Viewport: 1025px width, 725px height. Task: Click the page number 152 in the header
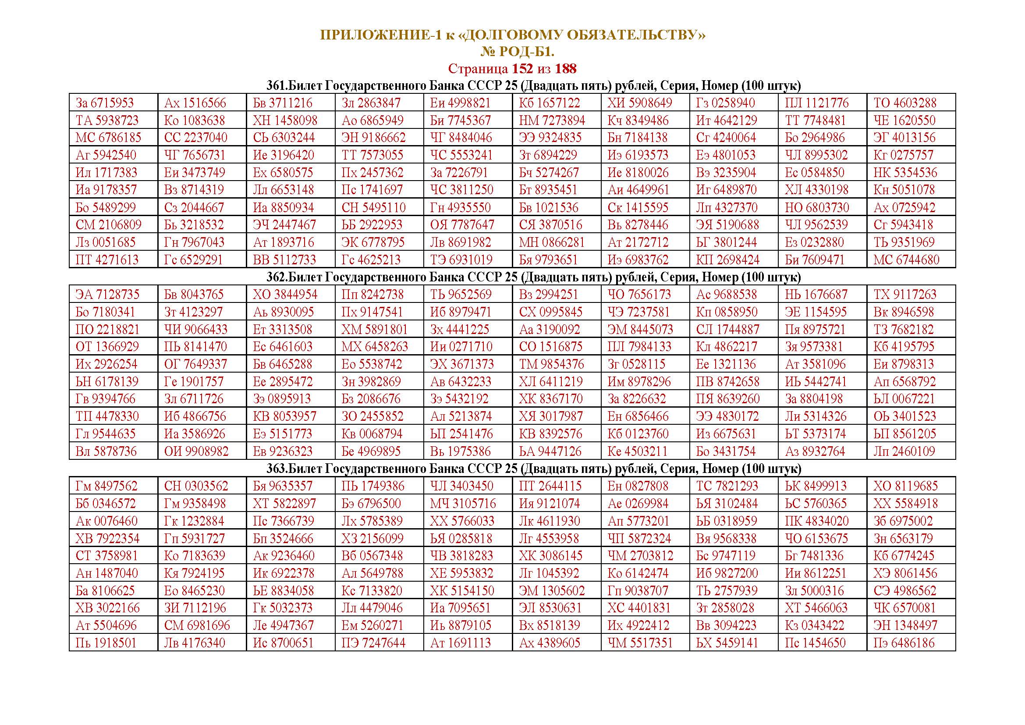[x=522, y=69]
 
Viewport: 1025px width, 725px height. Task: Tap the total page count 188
[x=566, y=69]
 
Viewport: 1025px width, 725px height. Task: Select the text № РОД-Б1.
[x=517, y=52]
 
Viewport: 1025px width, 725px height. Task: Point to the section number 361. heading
[x=277, y=86]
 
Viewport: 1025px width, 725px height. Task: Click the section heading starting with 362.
[x=533, y=277]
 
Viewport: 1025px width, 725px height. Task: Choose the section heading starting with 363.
[x=533, y=469]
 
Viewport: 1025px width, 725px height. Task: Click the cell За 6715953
[x=105, y=103]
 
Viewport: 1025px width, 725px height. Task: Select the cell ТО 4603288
[x=905, y=103]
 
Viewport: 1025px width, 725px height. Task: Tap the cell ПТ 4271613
[x=107, y=260]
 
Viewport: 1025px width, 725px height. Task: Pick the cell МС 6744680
[x=906, y=260]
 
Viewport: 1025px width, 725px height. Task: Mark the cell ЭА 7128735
[x=107, y=295]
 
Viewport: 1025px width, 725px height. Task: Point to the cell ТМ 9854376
[x=551, y=364]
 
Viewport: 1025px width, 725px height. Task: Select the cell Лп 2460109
[x=904, y=451]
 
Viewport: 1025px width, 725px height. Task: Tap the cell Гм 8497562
[x=106, y=486]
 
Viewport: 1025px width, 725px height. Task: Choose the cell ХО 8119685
[x=905, y=486]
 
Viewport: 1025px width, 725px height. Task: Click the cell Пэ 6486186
[x=904, y=643]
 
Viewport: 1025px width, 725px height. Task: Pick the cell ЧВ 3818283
[x=461, y=556]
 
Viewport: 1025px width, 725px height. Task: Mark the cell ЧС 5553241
[x=461, y=155]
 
